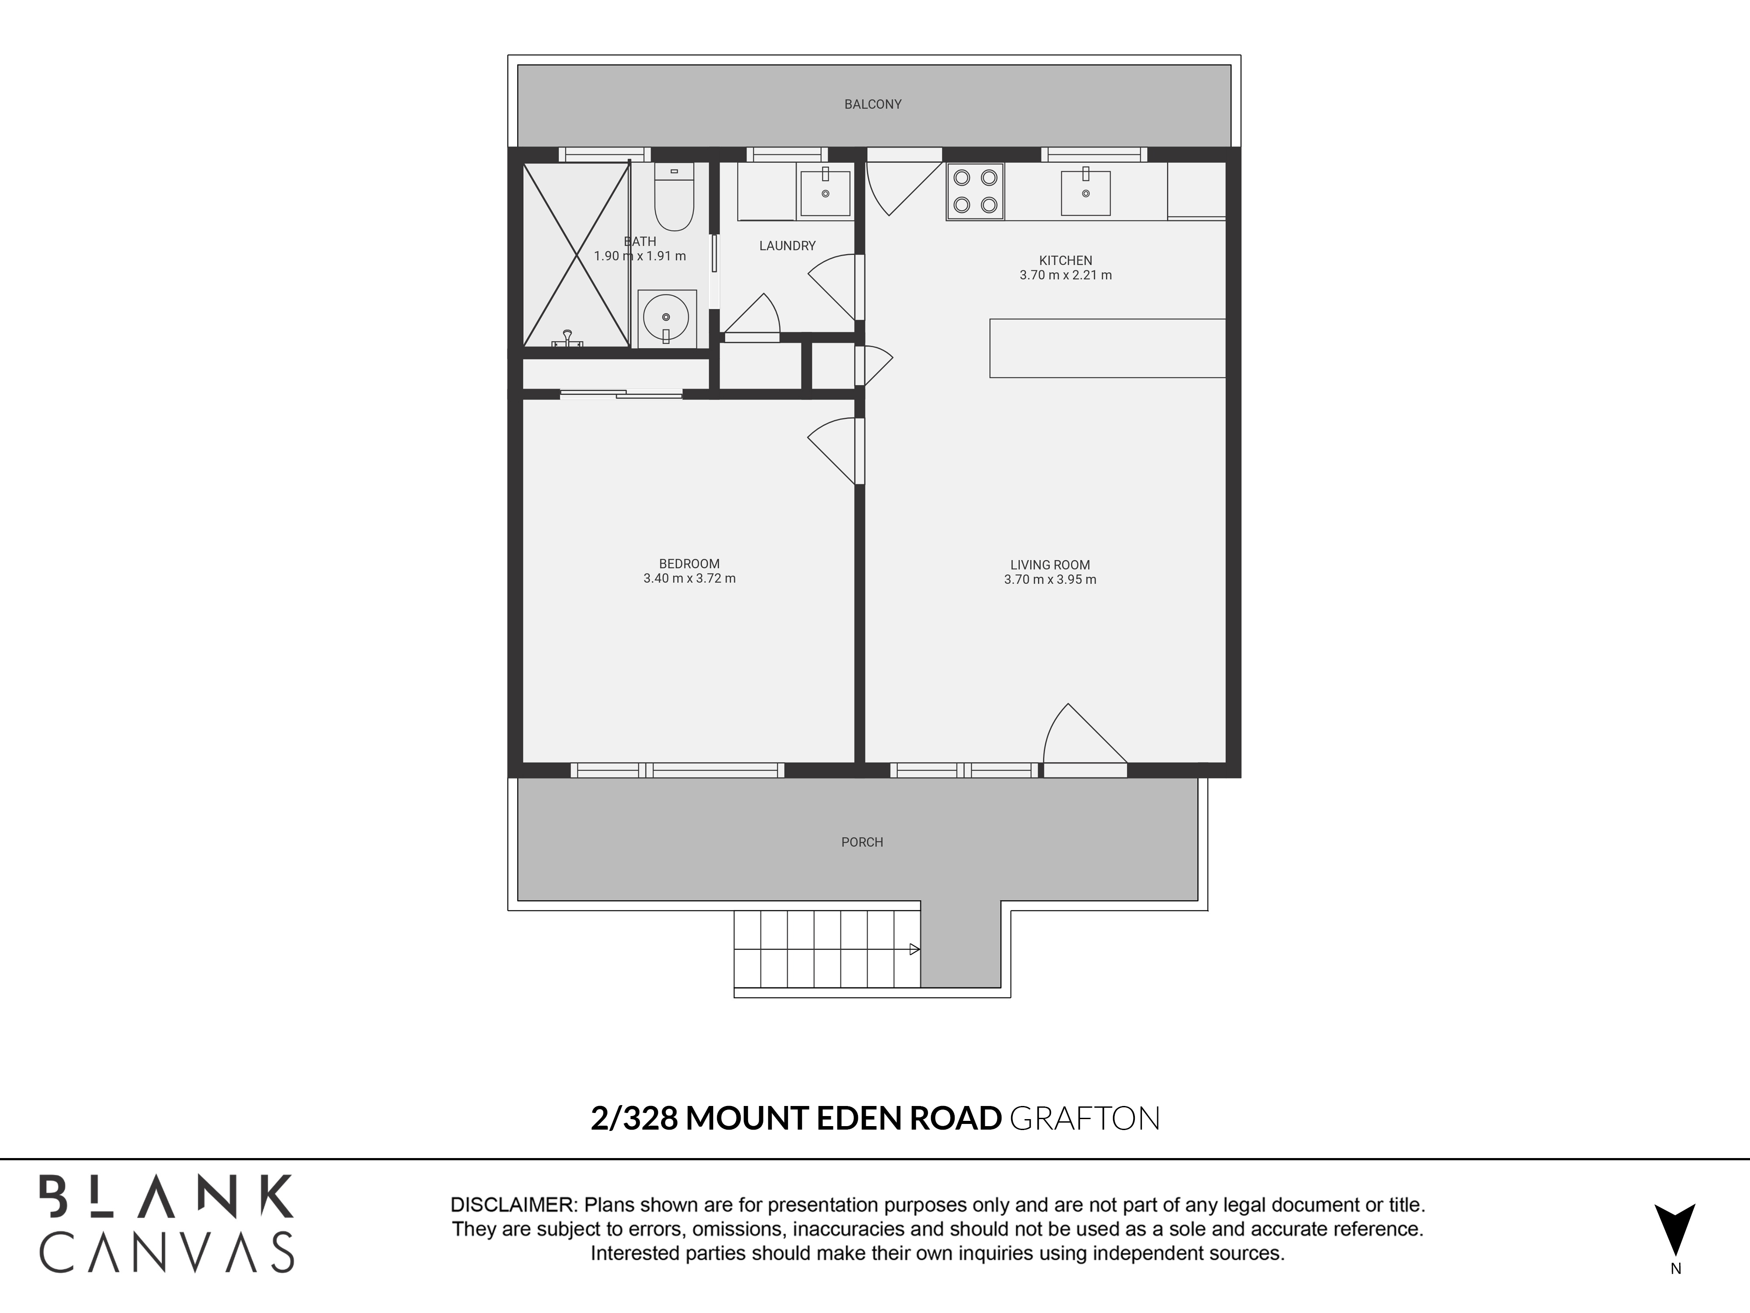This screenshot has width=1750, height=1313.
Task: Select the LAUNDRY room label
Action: (x=787, y=246)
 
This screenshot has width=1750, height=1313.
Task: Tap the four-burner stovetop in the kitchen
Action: (x=975, y=192)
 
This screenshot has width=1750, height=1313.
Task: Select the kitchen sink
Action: (x=1085, y=192)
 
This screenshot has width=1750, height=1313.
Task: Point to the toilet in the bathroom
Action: (x=674, y=198)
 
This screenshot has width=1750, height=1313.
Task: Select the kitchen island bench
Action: (x=1107, y=348)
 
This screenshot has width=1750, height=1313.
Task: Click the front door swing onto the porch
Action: (x=1080, y=736)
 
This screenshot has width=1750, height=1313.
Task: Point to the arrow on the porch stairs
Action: (x=914, y=949)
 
